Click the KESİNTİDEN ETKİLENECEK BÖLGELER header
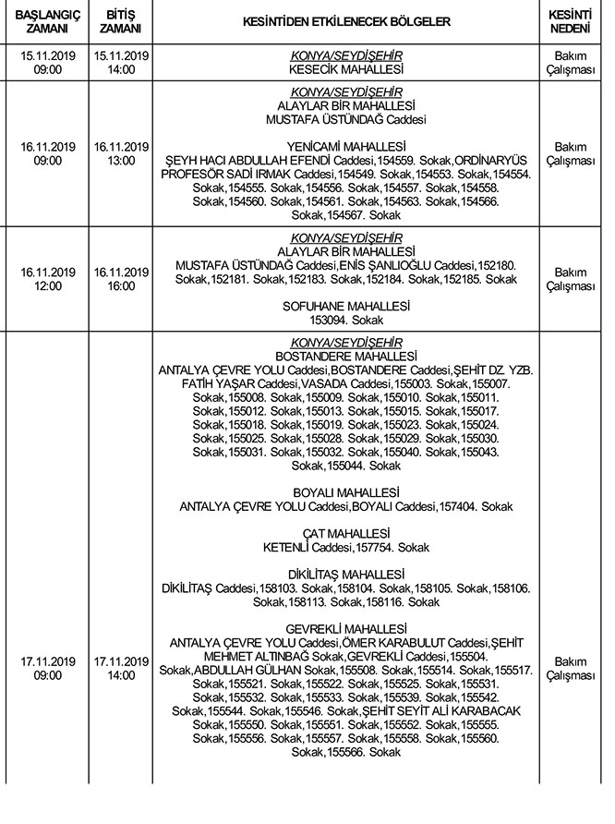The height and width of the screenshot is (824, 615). pos(346,21)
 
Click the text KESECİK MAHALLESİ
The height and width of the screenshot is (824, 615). pos(346,69)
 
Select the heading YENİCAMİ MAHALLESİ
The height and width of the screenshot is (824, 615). pos(346,146)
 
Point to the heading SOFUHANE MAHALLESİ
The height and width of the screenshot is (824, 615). pos(346,305)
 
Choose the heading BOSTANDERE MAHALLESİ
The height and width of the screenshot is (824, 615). pos(346,356)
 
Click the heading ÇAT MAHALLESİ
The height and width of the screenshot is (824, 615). pos(346,534)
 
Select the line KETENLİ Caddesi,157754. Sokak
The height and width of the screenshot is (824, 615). pos(346,547)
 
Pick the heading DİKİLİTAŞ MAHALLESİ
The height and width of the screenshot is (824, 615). pos(346,574)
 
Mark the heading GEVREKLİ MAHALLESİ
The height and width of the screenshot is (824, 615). pos(346,628)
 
